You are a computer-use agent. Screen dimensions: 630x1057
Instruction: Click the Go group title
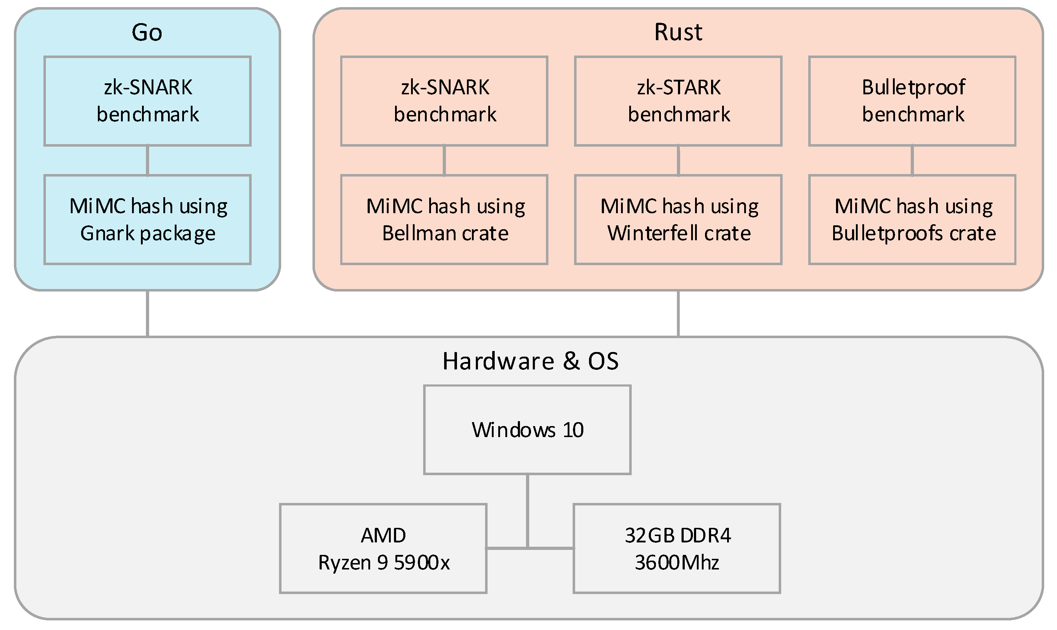click(x=147, y=32)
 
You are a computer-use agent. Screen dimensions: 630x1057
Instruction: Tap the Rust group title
click(x=678, y=32)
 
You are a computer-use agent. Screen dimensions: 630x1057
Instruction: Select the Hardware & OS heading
click(x=530, y=361)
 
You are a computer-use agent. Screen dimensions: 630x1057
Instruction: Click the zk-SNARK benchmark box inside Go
click(x=147, y=101)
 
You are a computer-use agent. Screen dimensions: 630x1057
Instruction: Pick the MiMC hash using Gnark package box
click(x=147, y=220)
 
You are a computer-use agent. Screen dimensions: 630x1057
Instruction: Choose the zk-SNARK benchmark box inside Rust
click(x=444, y=101)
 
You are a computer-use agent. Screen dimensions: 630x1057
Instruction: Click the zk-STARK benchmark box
click(x=678, y=101)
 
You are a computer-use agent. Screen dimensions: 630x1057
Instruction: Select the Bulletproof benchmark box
click(x=912, y=101)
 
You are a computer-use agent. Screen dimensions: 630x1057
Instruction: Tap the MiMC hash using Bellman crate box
click(x=444, y=220)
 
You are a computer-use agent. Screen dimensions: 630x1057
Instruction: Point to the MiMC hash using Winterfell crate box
click(x=678, y=220)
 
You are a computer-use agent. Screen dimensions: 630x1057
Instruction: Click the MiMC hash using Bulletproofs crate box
click(x=912, y=220)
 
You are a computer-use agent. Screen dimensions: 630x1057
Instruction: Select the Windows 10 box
click(x=527, y=430)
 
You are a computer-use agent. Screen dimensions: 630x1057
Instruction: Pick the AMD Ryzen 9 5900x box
click(x=383, y=548)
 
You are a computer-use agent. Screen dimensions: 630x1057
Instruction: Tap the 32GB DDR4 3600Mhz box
click(x=677, y=548)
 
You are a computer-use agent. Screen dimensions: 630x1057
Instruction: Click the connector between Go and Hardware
click(x=147, y=314)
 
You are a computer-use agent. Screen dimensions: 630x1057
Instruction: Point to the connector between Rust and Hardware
click(x=678, y=314)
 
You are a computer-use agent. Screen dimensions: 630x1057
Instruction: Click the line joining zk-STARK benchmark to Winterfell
click(x=678, y=161)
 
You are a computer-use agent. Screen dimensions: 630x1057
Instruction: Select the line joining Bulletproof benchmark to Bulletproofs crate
click(x=912, y=161)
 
